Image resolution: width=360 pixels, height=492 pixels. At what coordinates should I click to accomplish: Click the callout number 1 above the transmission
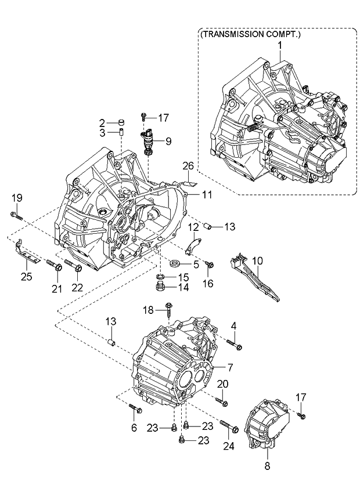click(x=279, y=45)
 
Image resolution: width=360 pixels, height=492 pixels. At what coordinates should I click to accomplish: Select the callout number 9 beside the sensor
click(x=168, y=140)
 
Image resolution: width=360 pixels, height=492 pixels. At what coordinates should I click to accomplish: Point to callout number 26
click(x=188, y=166)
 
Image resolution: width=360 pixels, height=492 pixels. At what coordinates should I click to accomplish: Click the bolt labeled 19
click(x=16, y=216)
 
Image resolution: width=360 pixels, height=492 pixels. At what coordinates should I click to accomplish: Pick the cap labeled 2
click(x=121, y=122)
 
